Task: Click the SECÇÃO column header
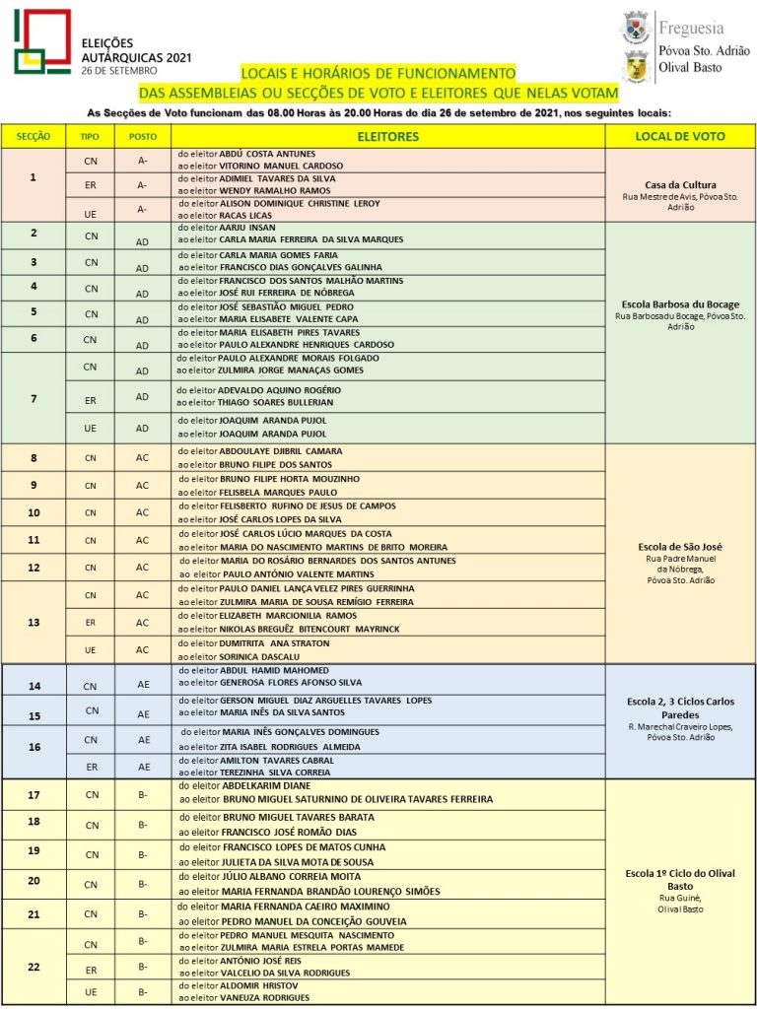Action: tap(34, 136)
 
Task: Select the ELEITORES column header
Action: tap(387, 136)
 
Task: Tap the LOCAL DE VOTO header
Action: tap(680, 136)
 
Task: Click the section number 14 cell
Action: tap(34, 686)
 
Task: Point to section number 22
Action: tap(34, 967)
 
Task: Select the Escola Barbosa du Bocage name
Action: tap(681, 304)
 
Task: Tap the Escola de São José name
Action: tap(680, 545)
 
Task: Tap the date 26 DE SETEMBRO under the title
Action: tap(120, 72)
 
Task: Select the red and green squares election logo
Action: tap(41, 42)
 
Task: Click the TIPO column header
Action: tap(90, 136)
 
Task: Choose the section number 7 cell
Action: tap(34, 397)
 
